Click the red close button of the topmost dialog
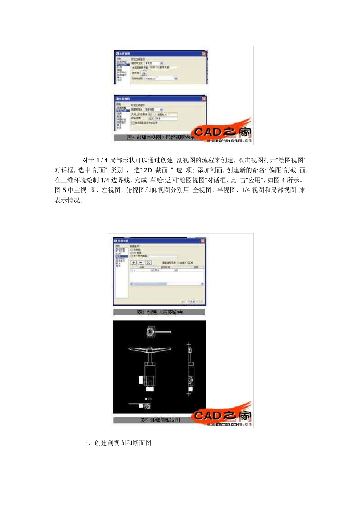(x=204, y=54)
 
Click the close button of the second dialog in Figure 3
(x=204, y=99)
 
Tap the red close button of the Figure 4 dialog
(x=203, y=241)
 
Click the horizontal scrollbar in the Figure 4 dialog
(x=167, y=284)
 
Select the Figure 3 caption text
(x=161, y=137)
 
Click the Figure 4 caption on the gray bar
(x=160, y=312)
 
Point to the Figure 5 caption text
(x=160, y=420)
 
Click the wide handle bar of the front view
(x=150, y=349)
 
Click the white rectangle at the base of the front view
(x=150, y=388)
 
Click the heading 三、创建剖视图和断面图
(x=117, y=443)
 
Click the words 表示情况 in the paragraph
(x=68, y=200)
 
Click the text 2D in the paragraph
(x=148, y=170)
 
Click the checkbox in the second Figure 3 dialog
(x=133, y=123)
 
